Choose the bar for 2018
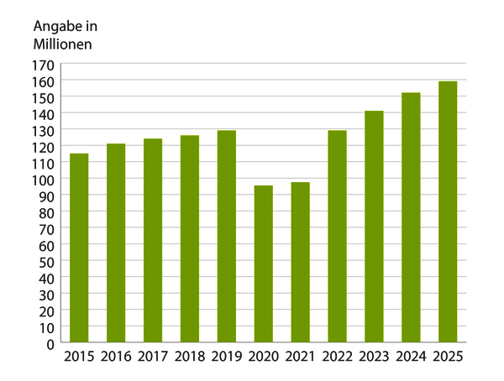click(190, 239)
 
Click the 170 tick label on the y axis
click(45, 65)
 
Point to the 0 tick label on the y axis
click(50, 343)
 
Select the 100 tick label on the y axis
click(45, 180)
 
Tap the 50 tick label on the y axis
click(47, 261)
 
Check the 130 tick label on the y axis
click(45, 130)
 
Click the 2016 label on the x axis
click(116, 358)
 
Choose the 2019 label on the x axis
click(227, 358)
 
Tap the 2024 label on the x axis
click(411, 358)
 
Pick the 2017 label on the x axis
click(153, 358)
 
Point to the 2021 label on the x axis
click(300, 358)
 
